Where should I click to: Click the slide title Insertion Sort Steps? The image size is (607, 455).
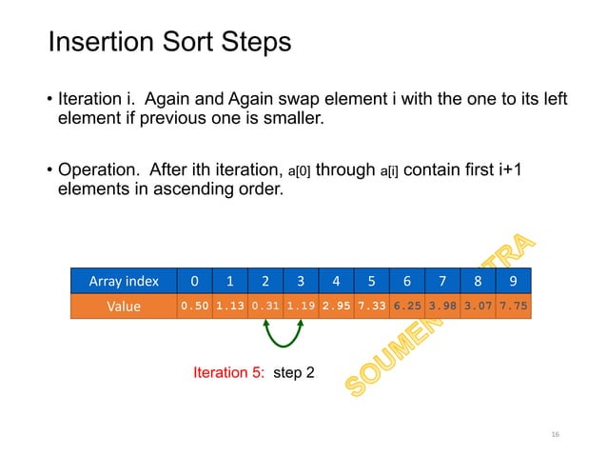pyautogui.click(x=169, y=43)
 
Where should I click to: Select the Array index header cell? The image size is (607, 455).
pyautogui.click(x=125, y=281)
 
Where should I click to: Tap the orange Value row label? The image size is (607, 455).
pyautogui.click(x=125, y=307)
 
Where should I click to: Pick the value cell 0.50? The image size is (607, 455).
pyautogui.click(x=195, y=307)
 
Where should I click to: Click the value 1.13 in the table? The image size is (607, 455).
pyautogui.click(x=230, y=307)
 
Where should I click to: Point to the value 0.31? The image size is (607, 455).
pyautogui.click(x=265, y=307)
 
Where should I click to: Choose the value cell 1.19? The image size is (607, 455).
pyautogui.click(x=302, y=307)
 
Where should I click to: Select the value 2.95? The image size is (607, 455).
pyautogui.click(x=337, y=307)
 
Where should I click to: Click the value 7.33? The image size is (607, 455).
pyautogui.click(x=372, y=307)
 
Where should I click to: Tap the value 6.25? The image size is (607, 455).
pyautogui.click(x=407, y=307)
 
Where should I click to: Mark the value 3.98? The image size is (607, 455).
pyautogui.click(x=442, y=307)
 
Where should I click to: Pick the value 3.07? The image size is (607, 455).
pyautogui.click(x=478, y=307)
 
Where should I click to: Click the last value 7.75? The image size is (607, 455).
pyautogui.click(x=513, y=307)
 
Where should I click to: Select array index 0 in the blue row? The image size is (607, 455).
pyautogui.click(x=195, y=281)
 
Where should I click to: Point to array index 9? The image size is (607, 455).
pyautogui.click(x=513, y=281)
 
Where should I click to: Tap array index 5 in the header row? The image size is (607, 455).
pyautogui.click(x=372, y=281)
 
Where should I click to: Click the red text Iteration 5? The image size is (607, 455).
pyautogui.click(x=229, y=372)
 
